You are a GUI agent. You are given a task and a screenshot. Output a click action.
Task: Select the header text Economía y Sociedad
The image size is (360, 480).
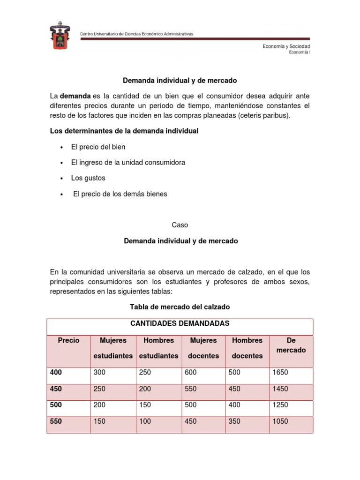285,46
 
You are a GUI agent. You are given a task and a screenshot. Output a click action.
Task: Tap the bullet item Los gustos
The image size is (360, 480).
88,178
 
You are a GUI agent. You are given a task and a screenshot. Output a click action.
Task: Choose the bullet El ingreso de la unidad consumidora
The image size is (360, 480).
128,163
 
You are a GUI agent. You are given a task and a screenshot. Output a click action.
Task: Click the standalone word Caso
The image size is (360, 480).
180,225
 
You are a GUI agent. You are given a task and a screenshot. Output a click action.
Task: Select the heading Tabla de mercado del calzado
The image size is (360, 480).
180,307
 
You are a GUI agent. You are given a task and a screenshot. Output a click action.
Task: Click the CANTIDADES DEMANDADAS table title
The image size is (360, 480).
180,323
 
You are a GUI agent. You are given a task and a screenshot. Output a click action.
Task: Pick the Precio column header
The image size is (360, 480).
68,341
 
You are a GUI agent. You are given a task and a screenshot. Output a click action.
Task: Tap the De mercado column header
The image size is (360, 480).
291,345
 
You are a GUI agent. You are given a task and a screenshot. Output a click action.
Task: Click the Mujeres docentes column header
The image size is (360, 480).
203,348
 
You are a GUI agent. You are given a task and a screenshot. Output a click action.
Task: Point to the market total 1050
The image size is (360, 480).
280,421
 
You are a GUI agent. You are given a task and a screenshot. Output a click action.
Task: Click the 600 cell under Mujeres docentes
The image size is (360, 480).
191,373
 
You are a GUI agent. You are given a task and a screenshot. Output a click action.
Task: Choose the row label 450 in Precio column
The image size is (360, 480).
56,389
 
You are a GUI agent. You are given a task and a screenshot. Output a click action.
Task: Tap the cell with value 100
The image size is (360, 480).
145,421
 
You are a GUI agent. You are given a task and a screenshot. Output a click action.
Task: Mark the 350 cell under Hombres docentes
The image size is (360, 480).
234,421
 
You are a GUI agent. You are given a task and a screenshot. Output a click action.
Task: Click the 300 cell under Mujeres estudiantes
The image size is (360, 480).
99,373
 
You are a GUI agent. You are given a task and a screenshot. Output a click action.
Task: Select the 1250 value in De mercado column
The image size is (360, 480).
280,405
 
